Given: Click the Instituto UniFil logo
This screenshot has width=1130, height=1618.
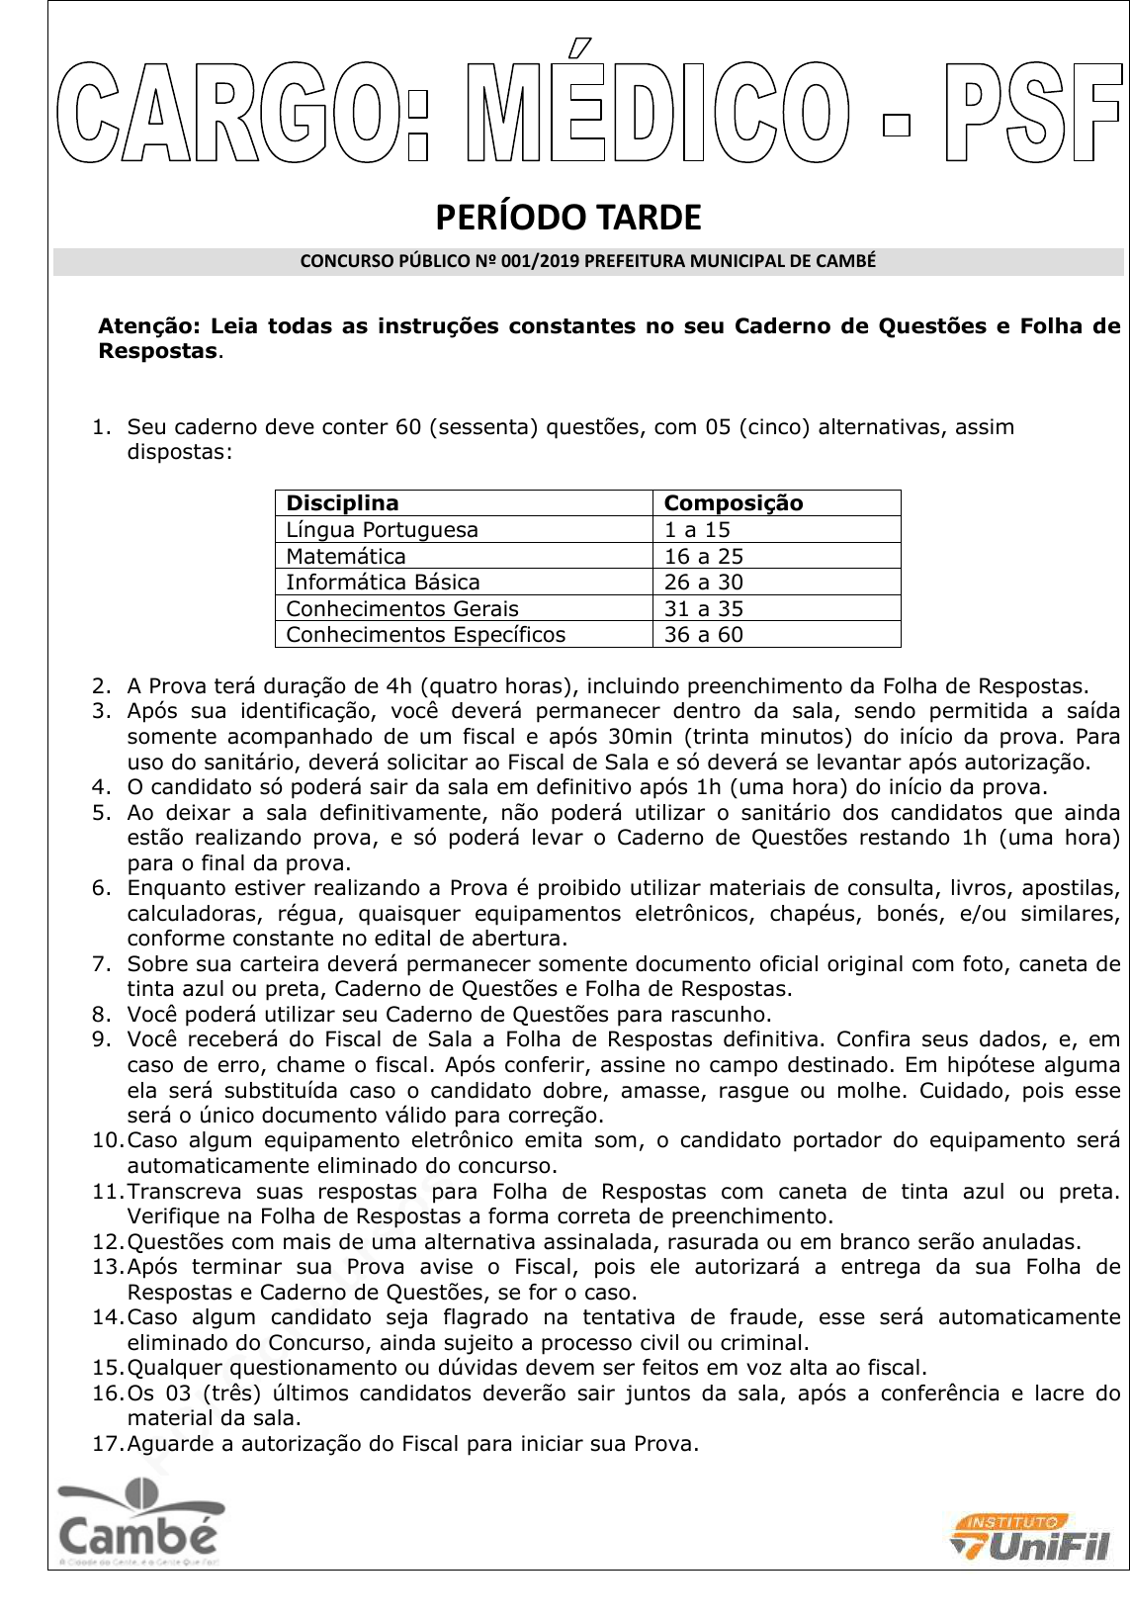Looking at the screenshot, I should pos(1031,1539).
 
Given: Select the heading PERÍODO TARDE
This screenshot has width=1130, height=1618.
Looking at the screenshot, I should pos(568,218).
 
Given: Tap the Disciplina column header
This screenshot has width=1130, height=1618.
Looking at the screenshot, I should pos(342,502).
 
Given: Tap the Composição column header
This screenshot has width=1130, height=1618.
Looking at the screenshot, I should pos(734,502).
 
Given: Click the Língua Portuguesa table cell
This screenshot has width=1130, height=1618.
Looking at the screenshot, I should pos(382,529).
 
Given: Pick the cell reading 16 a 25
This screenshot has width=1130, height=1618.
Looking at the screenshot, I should pos(704,556).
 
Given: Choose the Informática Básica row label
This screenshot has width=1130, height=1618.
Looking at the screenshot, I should pos(383,582).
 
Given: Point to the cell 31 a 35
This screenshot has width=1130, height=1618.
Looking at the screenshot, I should pos(704,608).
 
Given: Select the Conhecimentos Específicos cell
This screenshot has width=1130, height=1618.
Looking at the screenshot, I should pos(425,634).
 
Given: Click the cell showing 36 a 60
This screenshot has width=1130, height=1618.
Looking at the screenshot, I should pos(704,634).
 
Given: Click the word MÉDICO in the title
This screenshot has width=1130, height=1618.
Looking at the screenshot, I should pos(656,111).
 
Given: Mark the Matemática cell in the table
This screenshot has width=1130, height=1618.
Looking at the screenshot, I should pos(346,556).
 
